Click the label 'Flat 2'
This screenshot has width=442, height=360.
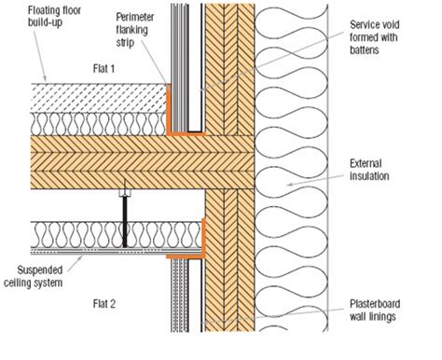pos(77,302)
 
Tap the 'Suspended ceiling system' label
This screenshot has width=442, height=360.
pos(37,258)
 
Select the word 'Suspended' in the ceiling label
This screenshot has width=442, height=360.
pos(33,253)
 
